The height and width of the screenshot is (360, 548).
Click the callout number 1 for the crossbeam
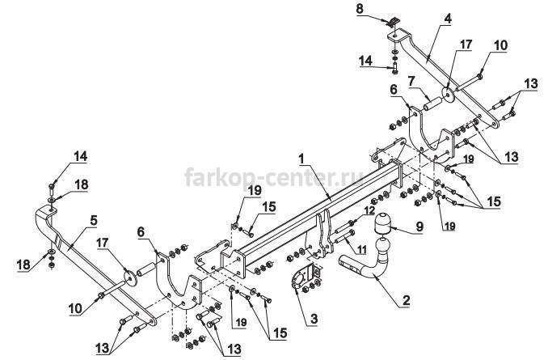[x=301, y=159]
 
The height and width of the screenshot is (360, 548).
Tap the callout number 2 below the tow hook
[x=406, y=300]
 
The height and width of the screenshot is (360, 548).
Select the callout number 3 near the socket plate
[x=314, y=319]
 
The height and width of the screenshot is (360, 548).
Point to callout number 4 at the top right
[x=448, y=19]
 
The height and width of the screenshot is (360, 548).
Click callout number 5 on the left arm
[x=94, y=220]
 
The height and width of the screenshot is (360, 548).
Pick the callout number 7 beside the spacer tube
[x=411, y=81]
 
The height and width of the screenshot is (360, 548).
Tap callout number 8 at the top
[x=360, y=9]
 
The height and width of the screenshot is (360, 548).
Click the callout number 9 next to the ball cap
[x=419, y=227]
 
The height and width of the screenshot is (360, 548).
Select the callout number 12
[x=369, y=210]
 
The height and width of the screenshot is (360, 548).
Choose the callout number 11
[x=362, y=249]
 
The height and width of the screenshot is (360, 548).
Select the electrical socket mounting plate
[x=302, y=277]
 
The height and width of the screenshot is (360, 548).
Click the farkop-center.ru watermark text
[x=274, y=177]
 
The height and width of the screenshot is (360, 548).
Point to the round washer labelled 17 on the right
[x=447, y=94]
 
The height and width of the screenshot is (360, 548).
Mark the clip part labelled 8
[x=392, y=22]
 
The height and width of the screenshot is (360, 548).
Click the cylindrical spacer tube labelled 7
[x=432, y=104]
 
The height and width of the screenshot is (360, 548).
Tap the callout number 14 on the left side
[x=80, y=156]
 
